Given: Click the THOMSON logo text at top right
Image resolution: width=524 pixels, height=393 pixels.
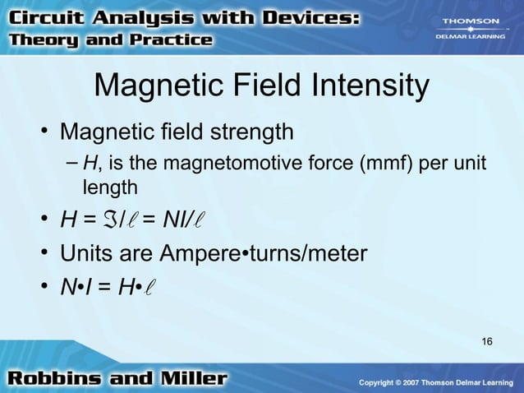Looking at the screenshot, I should [470, 21].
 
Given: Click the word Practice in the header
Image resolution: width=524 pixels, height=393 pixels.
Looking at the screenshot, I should [175, 39].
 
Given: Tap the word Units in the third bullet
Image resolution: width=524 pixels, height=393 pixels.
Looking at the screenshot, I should [86, 254].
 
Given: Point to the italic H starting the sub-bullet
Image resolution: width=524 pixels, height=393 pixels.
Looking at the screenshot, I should [90, 165].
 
